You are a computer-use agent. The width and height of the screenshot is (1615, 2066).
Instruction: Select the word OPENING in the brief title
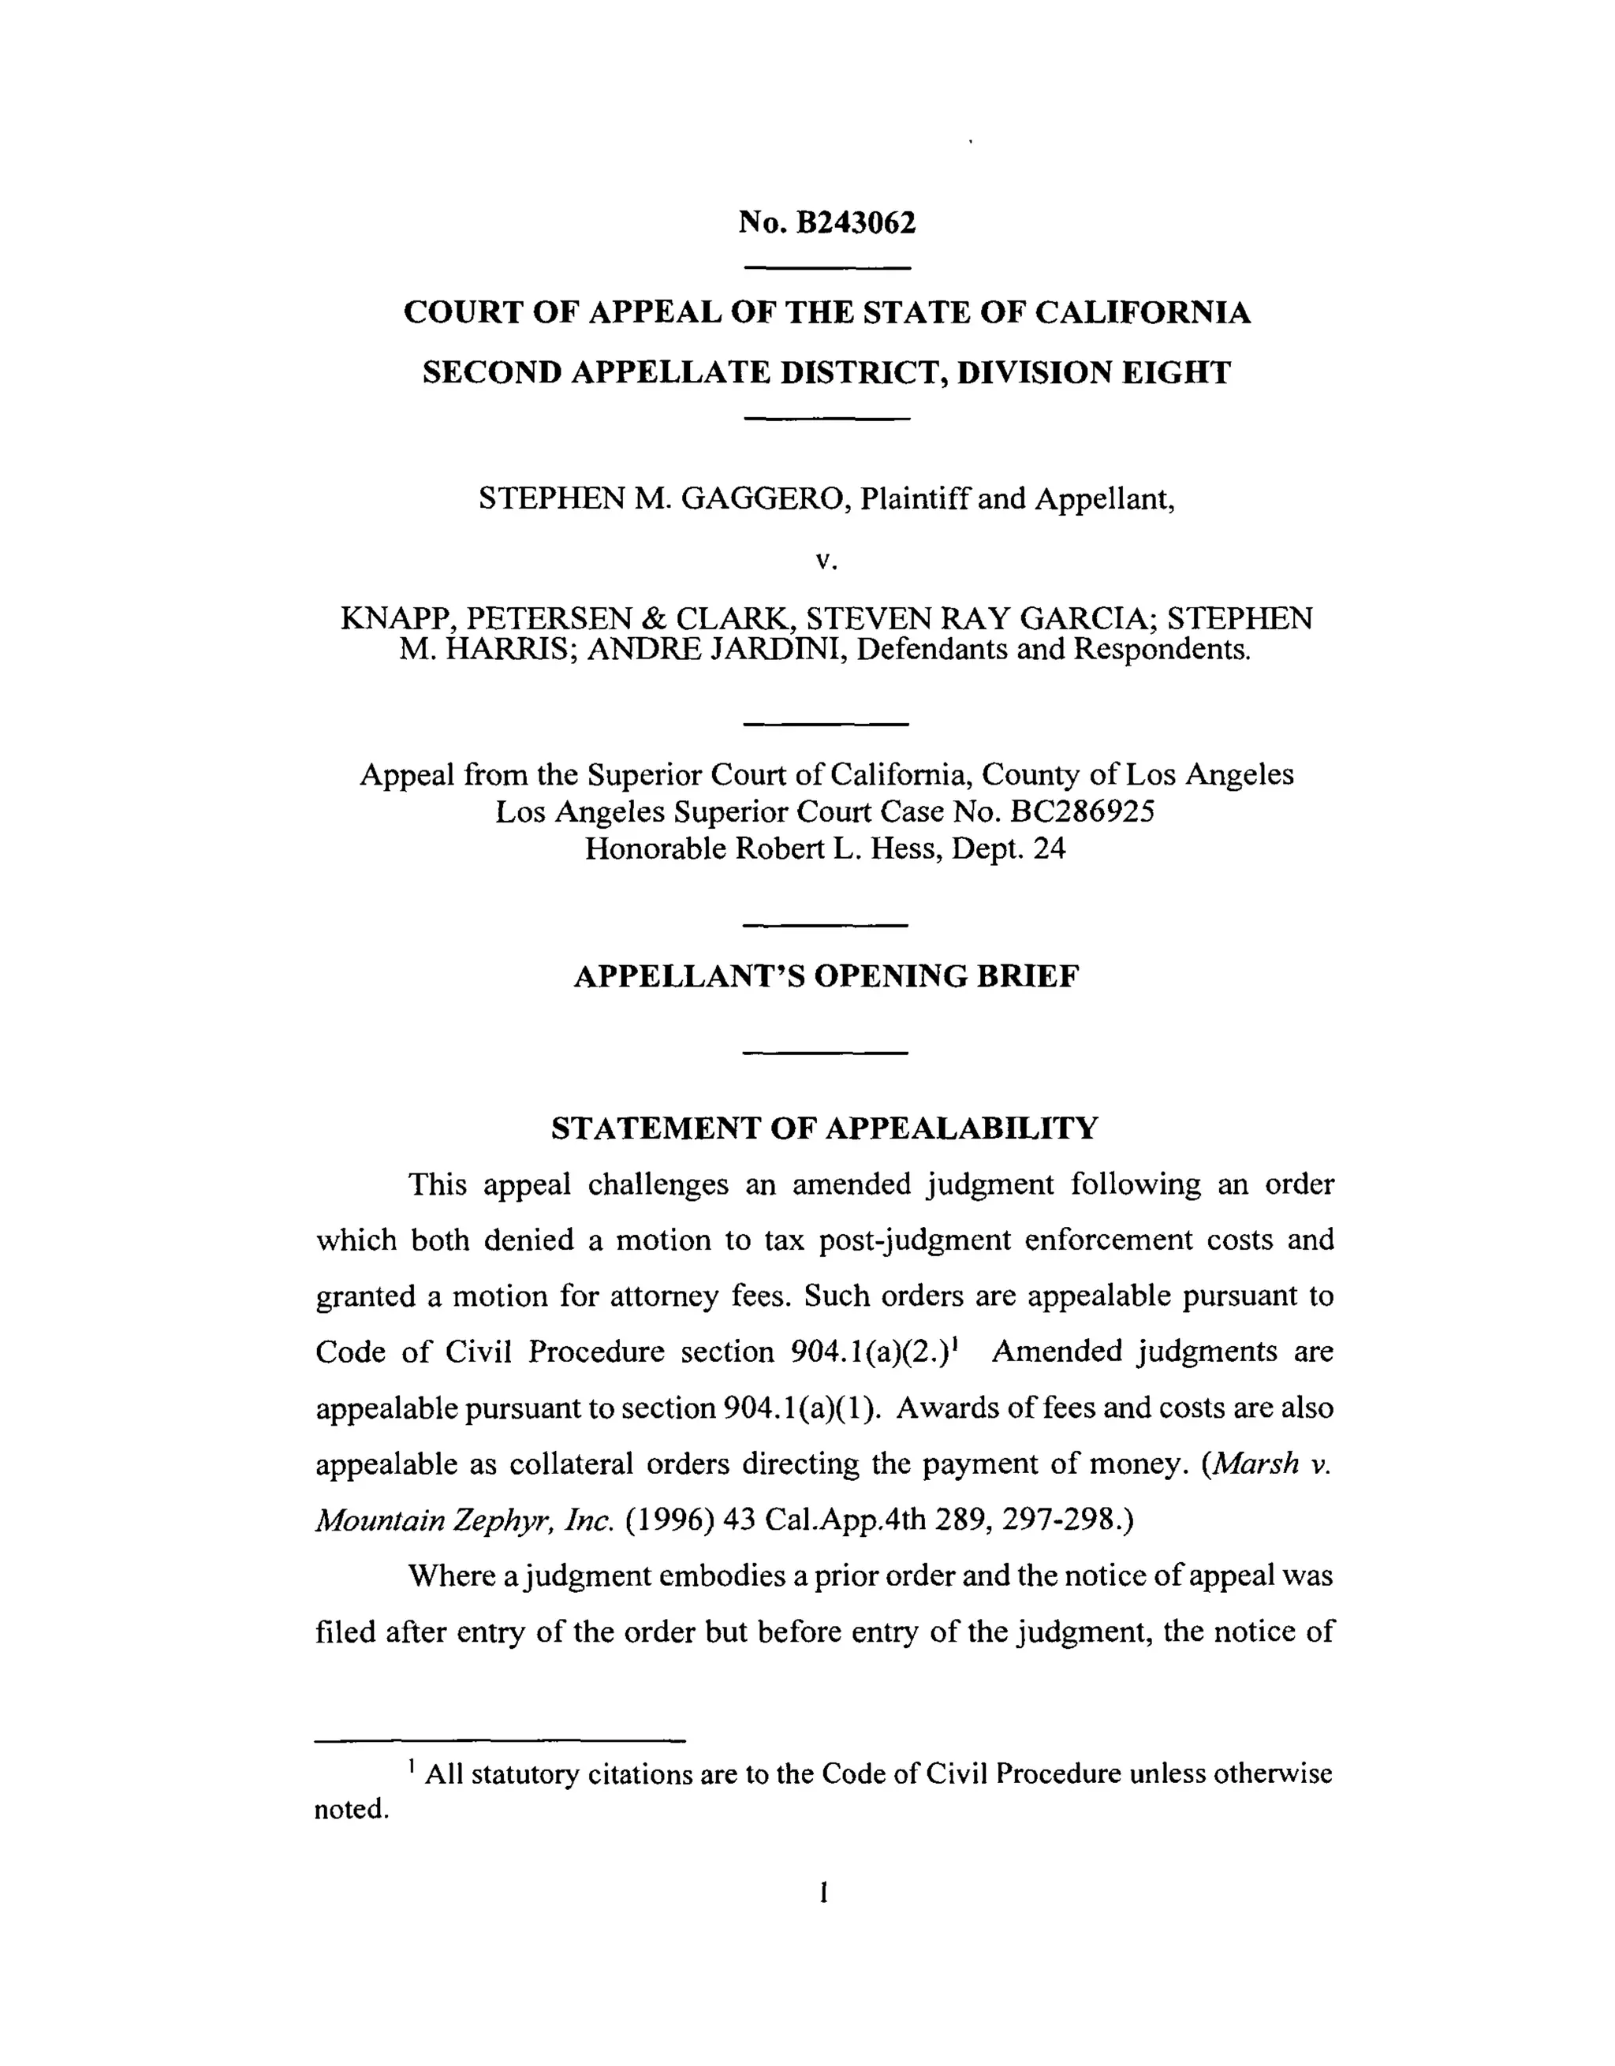(x=891, y=976)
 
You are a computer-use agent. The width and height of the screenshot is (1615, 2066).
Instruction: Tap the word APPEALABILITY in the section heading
(x=962, y=1128)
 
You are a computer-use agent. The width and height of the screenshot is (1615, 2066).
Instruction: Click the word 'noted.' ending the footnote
(x=352, y=1809)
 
